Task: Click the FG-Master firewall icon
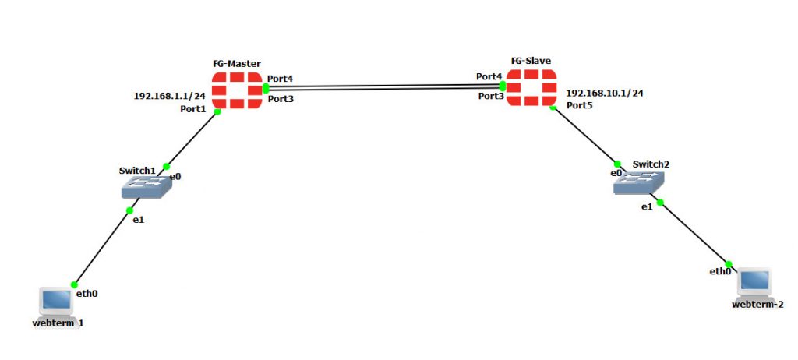click(237, 90)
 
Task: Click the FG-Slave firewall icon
click(531, 88)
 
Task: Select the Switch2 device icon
click(638, 183)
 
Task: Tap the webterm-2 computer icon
click(754, 282)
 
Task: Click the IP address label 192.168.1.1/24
click(170, 96)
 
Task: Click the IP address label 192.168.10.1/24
click(605, 93)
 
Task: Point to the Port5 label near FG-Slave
click(580, 104)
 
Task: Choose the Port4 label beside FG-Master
click(281, 79)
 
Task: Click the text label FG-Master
click(237, 63)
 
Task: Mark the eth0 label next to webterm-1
click(87, 294)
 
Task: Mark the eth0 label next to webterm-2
click(719, 271)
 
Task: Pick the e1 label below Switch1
click(137, 220)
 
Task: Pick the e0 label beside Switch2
click(616, 173)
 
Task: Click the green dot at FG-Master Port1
click(217, 111)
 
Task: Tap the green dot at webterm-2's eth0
click(729, 263)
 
